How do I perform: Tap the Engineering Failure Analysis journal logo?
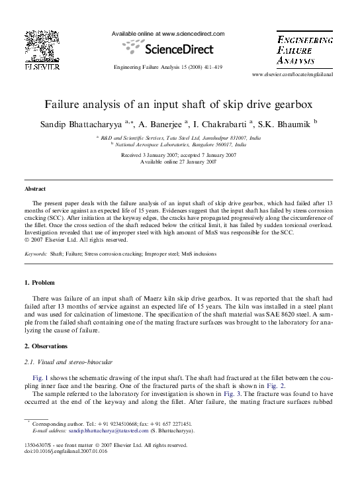[x=304, y=49]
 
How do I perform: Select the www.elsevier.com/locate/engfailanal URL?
[x=302, y=75]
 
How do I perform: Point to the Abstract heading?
[x=35, y=189]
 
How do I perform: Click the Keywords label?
[x=36, y=254]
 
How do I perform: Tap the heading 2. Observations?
[x=47, y=346]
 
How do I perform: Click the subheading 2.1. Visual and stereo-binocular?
[x=64, y=362]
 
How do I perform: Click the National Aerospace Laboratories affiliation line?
[x=179, y=143]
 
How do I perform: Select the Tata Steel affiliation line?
[x=179, y=137]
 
